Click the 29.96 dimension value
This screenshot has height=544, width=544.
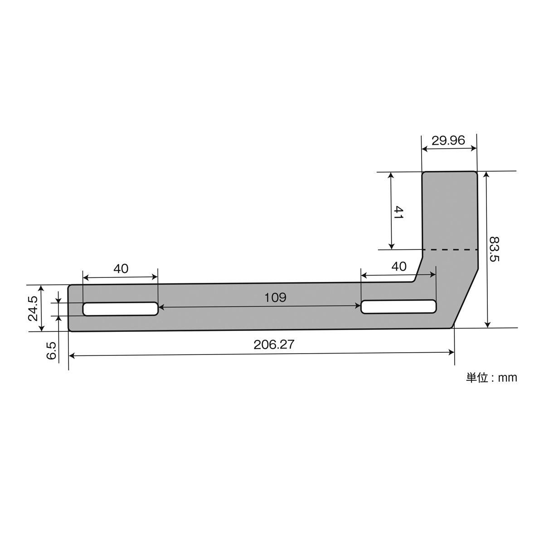(448, 141)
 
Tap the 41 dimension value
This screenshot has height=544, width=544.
(398, 213)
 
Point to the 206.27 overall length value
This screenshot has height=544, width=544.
(274, 345)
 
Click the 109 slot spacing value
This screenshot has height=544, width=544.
(276, 297)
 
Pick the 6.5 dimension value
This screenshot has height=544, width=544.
(52, 351)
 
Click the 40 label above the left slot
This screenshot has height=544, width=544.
(121, 269)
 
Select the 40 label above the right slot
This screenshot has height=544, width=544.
(399, 267)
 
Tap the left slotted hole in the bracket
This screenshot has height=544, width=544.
(120, 309)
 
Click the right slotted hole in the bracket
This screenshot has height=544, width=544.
(398, 306)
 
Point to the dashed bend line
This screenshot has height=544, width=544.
(450, 249)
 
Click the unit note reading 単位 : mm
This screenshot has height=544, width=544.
(491, 377)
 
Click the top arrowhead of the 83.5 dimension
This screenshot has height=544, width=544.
(487, 175)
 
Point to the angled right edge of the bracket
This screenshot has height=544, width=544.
(465, 298)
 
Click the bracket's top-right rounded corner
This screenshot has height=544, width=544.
(476, 173)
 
